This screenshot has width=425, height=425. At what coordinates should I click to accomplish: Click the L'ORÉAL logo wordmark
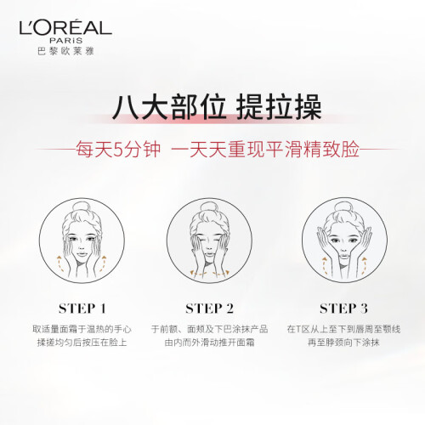pyautogui.click(x=65, y=27)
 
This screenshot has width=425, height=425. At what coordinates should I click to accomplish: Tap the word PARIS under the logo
pyautogui.click(x=66, y=41)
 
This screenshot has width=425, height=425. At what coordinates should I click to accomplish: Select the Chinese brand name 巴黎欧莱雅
pyautogui.click(x=65, y=51)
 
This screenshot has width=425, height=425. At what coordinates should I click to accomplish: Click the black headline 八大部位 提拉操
pyautogui.click(x=217, y=108)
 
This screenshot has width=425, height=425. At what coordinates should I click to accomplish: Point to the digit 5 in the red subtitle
pyautogui.click(x=118, y=150)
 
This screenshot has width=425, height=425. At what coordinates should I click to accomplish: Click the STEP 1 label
pyautogui.click(x=82, y=309)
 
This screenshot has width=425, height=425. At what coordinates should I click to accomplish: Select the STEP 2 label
pyautogui.click(x=210, y=309)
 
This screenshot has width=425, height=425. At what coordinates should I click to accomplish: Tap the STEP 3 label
pyautogui.click(x=343, y=309)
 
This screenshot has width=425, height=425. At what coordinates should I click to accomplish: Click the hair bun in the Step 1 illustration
pyautogui.click(x=82, y=207)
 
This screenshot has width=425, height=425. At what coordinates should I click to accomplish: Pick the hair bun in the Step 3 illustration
pyautogui.click(x=343, y=207)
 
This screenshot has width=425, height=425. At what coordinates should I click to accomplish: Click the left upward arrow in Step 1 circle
pyautogui.click(x=59, y=263)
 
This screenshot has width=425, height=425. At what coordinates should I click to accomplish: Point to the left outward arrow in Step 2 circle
pyautogui.click(x=198, y=274)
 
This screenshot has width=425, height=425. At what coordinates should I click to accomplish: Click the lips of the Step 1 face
pyautogui.click(x=82, y=254)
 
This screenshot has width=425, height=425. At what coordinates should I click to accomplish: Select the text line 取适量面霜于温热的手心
pyautogui.click(x=82, y=329)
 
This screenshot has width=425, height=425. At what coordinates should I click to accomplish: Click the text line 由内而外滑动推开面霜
pyautogui.click(x=210, y=343)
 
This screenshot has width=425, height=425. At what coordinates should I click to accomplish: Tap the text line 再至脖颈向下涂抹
pyautogui.click(x=343, y=343)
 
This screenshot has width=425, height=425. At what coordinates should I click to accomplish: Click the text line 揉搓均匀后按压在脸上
pyautogui.click(x=82, y=343)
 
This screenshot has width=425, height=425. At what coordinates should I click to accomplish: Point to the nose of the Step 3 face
pyautogui.click(x=343, y=247)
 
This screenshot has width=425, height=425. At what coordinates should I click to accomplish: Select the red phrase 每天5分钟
pyautogui.click(x=118, y=150)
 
